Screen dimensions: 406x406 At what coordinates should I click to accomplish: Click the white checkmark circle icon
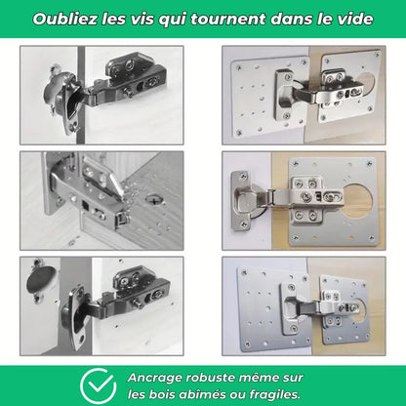(99, 384)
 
